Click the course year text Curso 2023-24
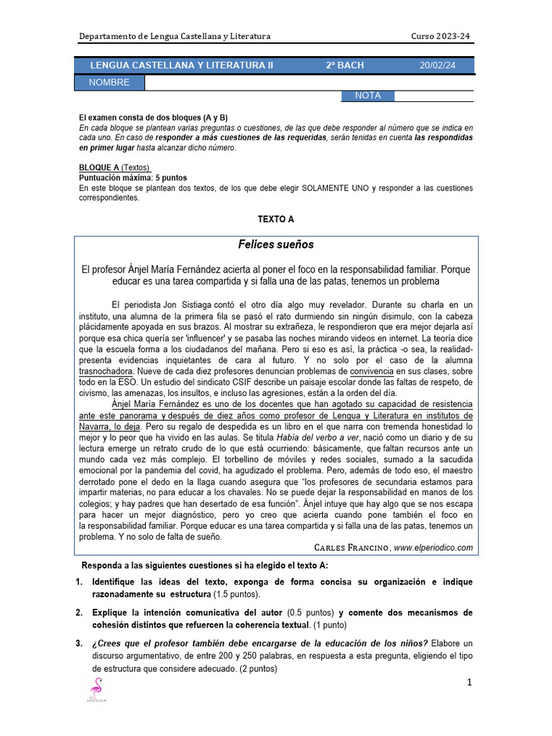tap(441, 37)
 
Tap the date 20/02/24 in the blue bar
tap(437, 65)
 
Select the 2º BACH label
tap(345, 65)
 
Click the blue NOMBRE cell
tap(109, 83)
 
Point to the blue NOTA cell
tap(368, 96)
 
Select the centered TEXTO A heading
tap(276, 219)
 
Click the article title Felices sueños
tap(276, 244)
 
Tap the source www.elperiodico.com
tap(433, 548)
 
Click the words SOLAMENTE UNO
tap(334, 188)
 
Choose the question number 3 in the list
tap(80, 643)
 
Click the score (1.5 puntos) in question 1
tap(237, 595)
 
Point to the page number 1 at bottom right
tap(469, 683)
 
